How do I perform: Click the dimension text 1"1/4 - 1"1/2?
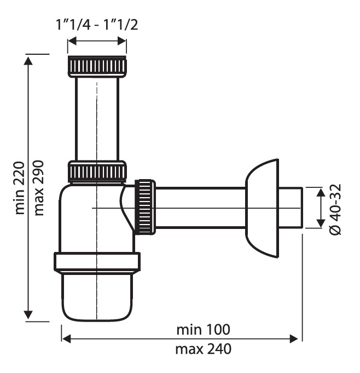click(97, 25)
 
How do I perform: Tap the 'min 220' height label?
click(21, 188)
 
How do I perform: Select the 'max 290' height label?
click(38, 188)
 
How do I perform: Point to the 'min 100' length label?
click(203, 330)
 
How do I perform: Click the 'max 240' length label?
click(203, 349)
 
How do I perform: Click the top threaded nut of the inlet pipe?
click(97, 66)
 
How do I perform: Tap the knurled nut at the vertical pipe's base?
click(97, 171)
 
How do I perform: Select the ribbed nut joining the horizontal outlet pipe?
click(146, 206)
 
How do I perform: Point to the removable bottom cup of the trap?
click(97, 296)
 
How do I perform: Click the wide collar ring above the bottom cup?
click(97, 262)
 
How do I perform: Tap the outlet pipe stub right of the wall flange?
click(290, 208)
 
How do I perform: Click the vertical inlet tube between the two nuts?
click(97, 118)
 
